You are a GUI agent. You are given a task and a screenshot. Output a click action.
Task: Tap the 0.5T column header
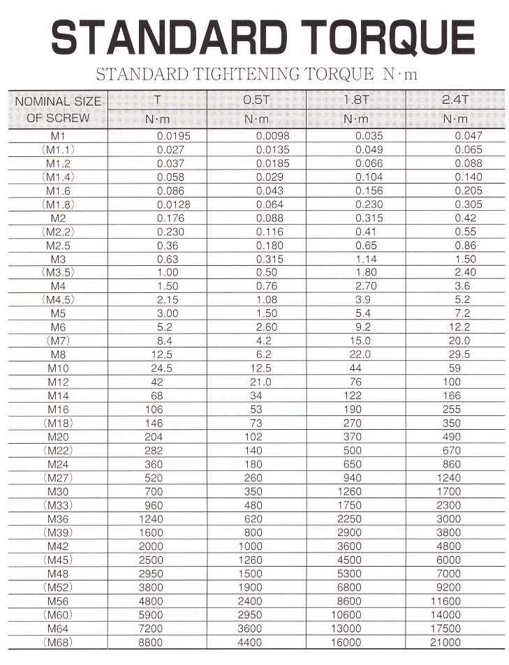point(256,100)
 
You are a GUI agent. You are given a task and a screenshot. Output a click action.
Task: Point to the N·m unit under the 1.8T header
point(356,119)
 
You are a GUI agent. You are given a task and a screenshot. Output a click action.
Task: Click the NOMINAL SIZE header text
point(58,101)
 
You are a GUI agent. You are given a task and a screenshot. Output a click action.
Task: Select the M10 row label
point(59,368)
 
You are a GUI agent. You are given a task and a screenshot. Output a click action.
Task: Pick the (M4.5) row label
point(59,300)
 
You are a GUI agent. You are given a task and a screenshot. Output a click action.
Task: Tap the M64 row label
point(59,628)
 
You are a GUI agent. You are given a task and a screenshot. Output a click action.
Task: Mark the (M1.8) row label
point(59,204)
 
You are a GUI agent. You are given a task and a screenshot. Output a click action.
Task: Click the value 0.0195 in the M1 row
point(173,136)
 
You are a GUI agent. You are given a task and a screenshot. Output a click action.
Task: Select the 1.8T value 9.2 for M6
point(363,327)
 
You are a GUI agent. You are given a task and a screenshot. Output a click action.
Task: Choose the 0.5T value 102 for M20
point(253,437)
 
